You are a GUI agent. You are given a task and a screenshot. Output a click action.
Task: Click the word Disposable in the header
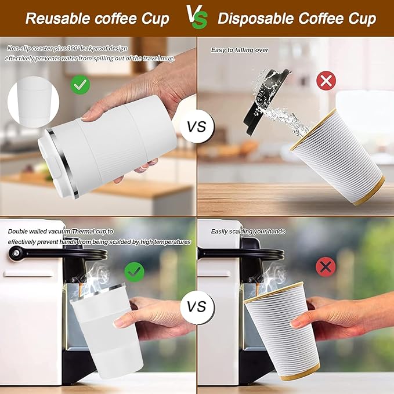click(255, 19)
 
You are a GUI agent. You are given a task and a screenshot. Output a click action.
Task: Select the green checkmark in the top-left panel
click(80, 85)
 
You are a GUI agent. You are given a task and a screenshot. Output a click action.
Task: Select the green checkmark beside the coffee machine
click(135, 271)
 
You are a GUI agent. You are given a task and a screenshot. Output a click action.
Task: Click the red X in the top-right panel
click(326, 81)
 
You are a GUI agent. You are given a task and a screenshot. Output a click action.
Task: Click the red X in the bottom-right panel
click(326, 266)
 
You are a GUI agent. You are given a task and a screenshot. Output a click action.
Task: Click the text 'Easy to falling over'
click(240, 50)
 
